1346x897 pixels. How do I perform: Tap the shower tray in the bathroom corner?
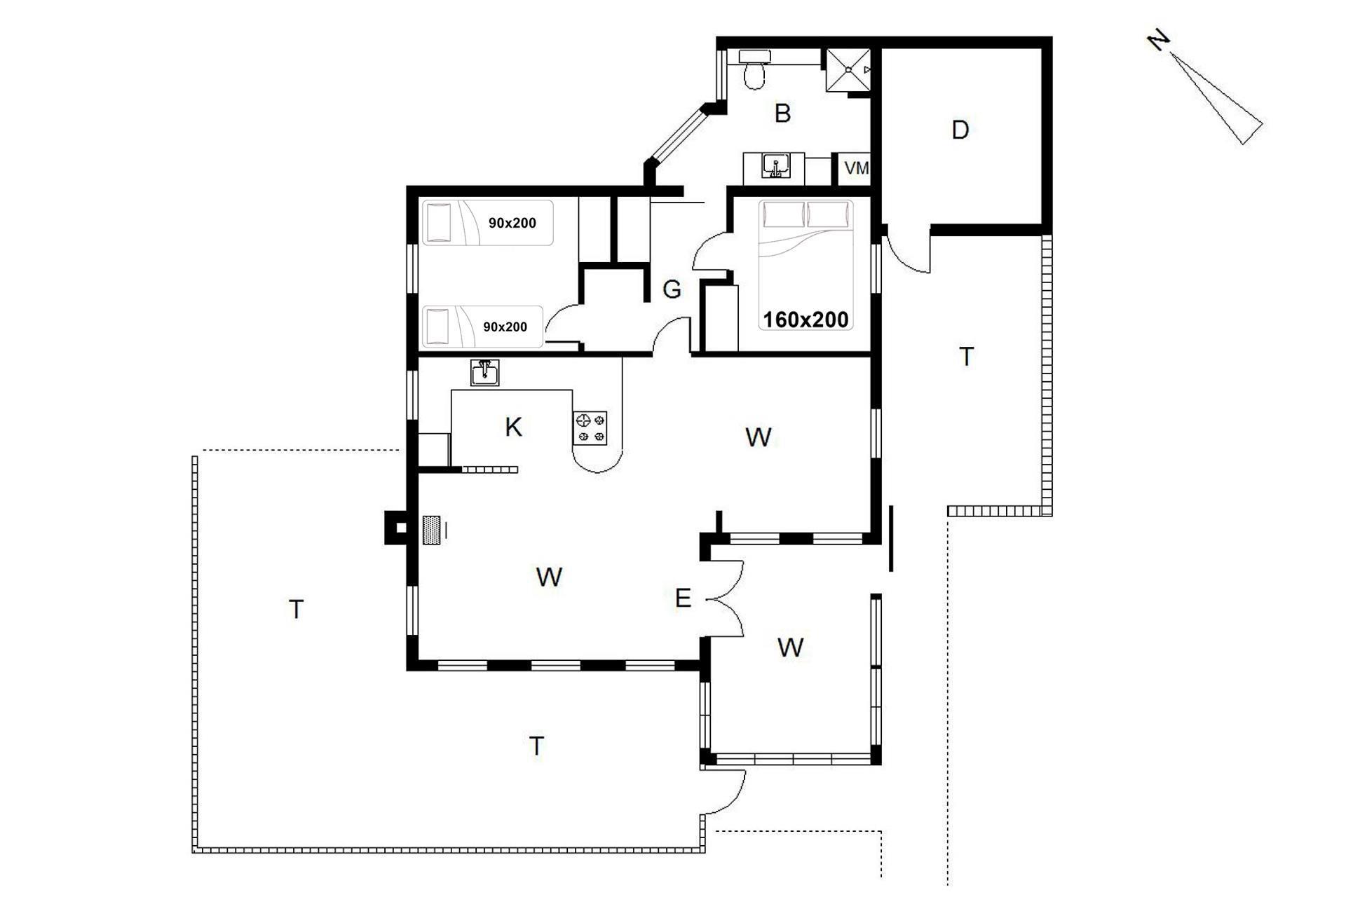coord(848,70)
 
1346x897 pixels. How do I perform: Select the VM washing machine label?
coord(857,168)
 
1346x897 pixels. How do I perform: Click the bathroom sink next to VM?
coord(775,167)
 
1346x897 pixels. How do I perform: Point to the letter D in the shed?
coord(960,130)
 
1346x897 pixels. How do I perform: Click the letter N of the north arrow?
coord(1159,41)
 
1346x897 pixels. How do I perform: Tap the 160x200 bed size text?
coord(805,320)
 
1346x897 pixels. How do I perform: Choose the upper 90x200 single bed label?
coord(512,223)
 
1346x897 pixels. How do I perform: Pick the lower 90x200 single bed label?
coord(505,327)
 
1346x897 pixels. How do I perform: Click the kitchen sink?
coord(484,373)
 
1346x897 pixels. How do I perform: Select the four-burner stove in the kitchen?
coord(590,428)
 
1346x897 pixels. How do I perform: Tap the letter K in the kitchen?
coord(513,427)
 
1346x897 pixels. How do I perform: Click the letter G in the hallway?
coord(672,289)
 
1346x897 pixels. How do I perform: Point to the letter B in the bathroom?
coord(782,113)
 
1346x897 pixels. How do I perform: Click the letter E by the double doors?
coord(683,598)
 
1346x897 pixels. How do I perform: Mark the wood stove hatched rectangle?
coord(431,530)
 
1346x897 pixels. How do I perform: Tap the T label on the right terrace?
coord(967,357)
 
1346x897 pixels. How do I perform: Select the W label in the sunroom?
coord(790,648)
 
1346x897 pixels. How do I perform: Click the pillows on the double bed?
coord(807,214)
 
